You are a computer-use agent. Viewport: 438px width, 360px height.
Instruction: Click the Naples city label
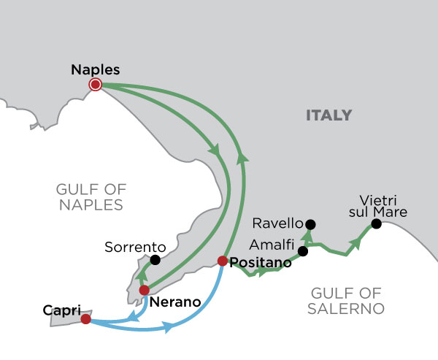tap(96, 70)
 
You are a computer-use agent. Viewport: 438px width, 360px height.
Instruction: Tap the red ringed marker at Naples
tap(95, 85)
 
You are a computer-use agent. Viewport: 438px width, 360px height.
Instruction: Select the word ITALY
tap(328, 115)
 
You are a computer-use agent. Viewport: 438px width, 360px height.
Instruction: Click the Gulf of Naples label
tap(89, 197)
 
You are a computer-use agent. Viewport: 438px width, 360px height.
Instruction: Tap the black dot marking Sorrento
tap(155, 259)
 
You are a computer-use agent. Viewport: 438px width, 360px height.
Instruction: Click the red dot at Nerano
tap(145, 290)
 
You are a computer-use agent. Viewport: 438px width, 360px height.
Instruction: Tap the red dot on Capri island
tap(86, 319)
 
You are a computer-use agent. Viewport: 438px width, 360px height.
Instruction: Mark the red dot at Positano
tap(223, 261)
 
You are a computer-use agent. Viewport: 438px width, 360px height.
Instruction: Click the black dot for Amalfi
tap(303, 251)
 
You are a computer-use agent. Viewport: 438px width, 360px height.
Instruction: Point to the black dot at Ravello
tap(310, 224)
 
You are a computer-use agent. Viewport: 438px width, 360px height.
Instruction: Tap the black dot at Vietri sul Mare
tap(377, 223)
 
